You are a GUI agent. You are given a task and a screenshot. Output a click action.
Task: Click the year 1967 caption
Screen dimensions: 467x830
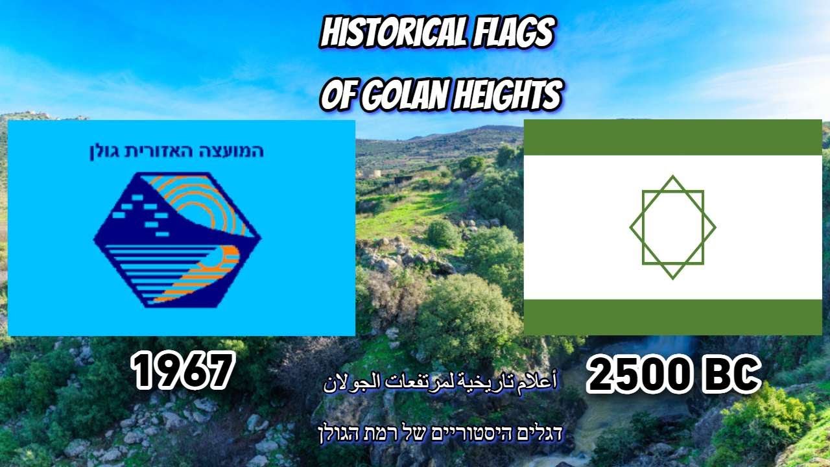[x=182, y=372]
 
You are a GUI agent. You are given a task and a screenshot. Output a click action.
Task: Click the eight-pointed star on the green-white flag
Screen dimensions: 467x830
[x=672, y=227]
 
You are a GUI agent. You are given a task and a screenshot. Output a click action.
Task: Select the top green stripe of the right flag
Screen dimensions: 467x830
[x=672, y=138]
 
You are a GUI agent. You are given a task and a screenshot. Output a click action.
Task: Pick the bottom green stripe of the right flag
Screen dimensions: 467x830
[x=672, y=317]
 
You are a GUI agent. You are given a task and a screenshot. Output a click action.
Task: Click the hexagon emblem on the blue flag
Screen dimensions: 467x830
[x=176, y=238]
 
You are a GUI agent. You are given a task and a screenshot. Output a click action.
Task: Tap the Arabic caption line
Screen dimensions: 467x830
[x=441, y=382]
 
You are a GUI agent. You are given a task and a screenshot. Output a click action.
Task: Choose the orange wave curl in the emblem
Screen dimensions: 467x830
[x=224, y=256]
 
